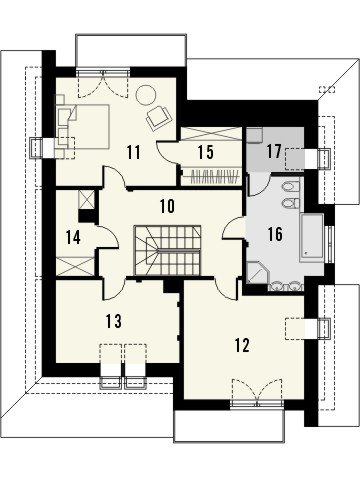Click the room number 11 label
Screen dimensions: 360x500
coord(134,152)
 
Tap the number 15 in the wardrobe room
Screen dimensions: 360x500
coord(205,152)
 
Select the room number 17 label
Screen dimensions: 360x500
coord(274,151)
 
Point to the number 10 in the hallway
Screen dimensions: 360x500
coord(167,206)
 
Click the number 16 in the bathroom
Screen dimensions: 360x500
coord(275,234)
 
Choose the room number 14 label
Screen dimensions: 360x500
coord(73,238)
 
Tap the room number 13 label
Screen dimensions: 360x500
coord(114,321)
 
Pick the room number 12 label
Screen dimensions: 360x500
coord(242,345)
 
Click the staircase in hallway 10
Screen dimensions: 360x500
coord(168,250)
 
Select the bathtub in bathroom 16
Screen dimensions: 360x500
coord(312,237)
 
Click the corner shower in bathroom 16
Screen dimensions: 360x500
coord(257,273)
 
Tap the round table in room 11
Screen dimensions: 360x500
coord(146,95)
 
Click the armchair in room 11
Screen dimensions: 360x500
coord(159,117)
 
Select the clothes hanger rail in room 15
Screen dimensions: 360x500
coord(216,176)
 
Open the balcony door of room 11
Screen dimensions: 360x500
coord(103,82)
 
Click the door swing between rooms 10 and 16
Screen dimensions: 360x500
coord(234,228)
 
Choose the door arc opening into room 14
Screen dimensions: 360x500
coord(107,236)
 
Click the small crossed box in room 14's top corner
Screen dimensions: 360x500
coord(86,199)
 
